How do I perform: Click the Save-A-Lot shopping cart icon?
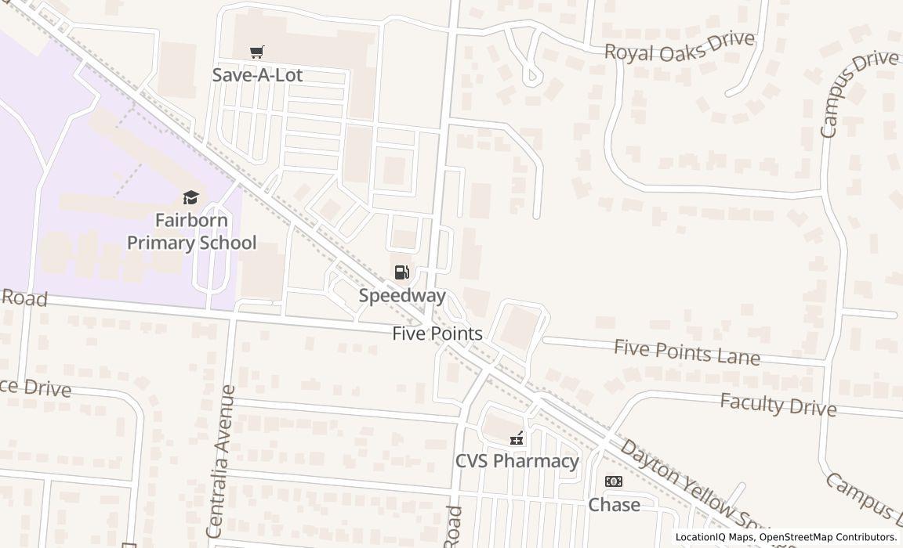[x=256, y=52]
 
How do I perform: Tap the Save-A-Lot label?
[x=257, y=75]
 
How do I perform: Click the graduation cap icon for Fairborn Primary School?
[x=191, y=197]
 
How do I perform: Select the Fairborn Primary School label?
[x=191, y=231]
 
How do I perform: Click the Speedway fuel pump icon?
[x=401, y=272]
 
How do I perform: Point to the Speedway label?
[x=402, y=296]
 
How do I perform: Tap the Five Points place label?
[x=437, y=333]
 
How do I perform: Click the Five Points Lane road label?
[x=687, y=352]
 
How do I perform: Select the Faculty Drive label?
[x=778, y=405]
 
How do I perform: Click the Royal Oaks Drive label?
[x=679, y=46]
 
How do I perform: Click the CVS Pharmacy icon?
[x=517, y=438]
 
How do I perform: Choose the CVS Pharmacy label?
[x=517, y=461]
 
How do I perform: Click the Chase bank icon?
[x=614, y=481]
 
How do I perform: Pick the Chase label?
[x=614, y=505]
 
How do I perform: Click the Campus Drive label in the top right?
[x=858, y=93]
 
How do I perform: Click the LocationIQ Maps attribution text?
[x=714, y=537]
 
